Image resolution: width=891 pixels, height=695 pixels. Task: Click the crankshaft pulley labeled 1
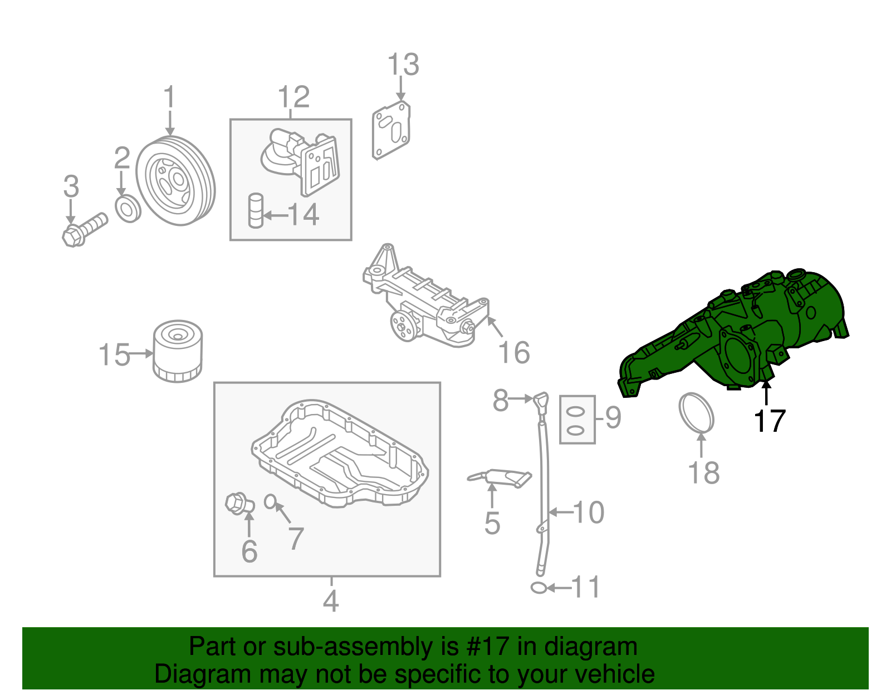(175, 181)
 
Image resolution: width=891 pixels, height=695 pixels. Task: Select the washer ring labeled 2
(128, 209)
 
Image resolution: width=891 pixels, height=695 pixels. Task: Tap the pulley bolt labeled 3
(84, 229)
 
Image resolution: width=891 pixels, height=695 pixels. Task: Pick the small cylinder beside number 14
(256, 210)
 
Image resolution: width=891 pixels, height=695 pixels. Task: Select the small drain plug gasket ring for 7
(270, 501)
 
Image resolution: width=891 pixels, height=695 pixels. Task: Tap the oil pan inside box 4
(340, 454)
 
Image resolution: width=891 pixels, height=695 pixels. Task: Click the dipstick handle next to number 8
(541, 401)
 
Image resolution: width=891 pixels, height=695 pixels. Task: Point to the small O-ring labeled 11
(538, 588)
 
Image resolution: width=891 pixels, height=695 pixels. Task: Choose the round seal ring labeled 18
(696, 412)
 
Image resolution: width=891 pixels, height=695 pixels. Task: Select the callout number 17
(769, 421)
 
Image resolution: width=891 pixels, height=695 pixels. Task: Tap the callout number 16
(513, 353)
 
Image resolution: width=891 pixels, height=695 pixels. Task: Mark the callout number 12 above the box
(293, 97)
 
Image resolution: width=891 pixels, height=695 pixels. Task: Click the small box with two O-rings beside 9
(577, 420)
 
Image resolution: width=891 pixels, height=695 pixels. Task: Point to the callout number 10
(589, 512)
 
